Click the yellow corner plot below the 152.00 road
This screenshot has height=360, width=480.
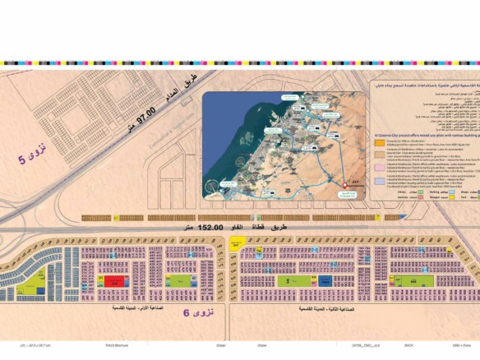click(x=236, y=244)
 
